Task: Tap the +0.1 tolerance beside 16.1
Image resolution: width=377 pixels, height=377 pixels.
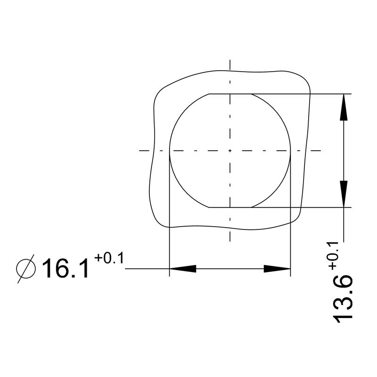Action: (x=108, y=258)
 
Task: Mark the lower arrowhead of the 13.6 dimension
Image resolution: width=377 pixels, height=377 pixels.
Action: (x=345, y=193)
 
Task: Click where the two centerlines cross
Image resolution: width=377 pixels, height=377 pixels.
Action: (x=230, y=151)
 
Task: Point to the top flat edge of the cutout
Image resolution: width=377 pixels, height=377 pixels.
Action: (x=230, y=94)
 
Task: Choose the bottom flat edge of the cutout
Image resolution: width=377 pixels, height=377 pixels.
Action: (x=230, y=207)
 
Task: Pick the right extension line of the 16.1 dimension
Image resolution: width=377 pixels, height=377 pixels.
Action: (x=290, y=226)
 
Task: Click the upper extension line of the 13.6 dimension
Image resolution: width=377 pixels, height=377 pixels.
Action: (x=320, y=94)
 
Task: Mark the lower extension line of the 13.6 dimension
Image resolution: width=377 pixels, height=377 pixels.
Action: (x=320, y=207)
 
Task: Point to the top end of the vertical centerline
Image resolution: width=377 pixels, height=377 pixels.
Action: (x=230, y=62)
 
